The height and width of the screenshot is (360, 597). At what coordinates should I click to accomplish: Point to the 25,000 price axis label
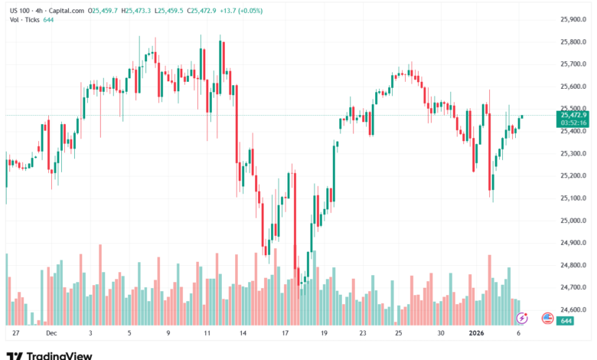coord(574,221)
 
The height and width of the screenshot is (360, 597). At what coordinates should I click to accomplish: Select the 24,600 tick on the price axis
coord(574,310)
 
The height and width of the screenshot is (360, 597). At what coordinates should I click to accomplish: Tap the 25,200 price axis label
coord(574,175)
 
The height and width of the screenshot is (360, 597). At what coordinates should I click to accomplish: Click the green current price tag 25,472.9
coord(574,114)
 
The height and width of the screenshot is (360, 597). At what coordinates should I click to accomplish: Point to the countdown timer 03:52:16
coord(574,122)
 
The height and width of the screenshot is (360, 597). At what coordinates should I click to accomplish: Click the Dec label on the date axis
coord(51,334)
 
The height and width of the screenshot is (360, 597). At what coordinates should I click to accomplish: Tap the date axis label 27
coord(16,334)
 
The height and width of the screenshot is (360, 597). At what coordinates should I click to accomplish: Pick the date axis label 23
coord(363,334)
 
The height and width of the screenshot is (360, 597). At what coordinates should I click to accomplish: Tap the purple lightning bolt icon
coord(522,317)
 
